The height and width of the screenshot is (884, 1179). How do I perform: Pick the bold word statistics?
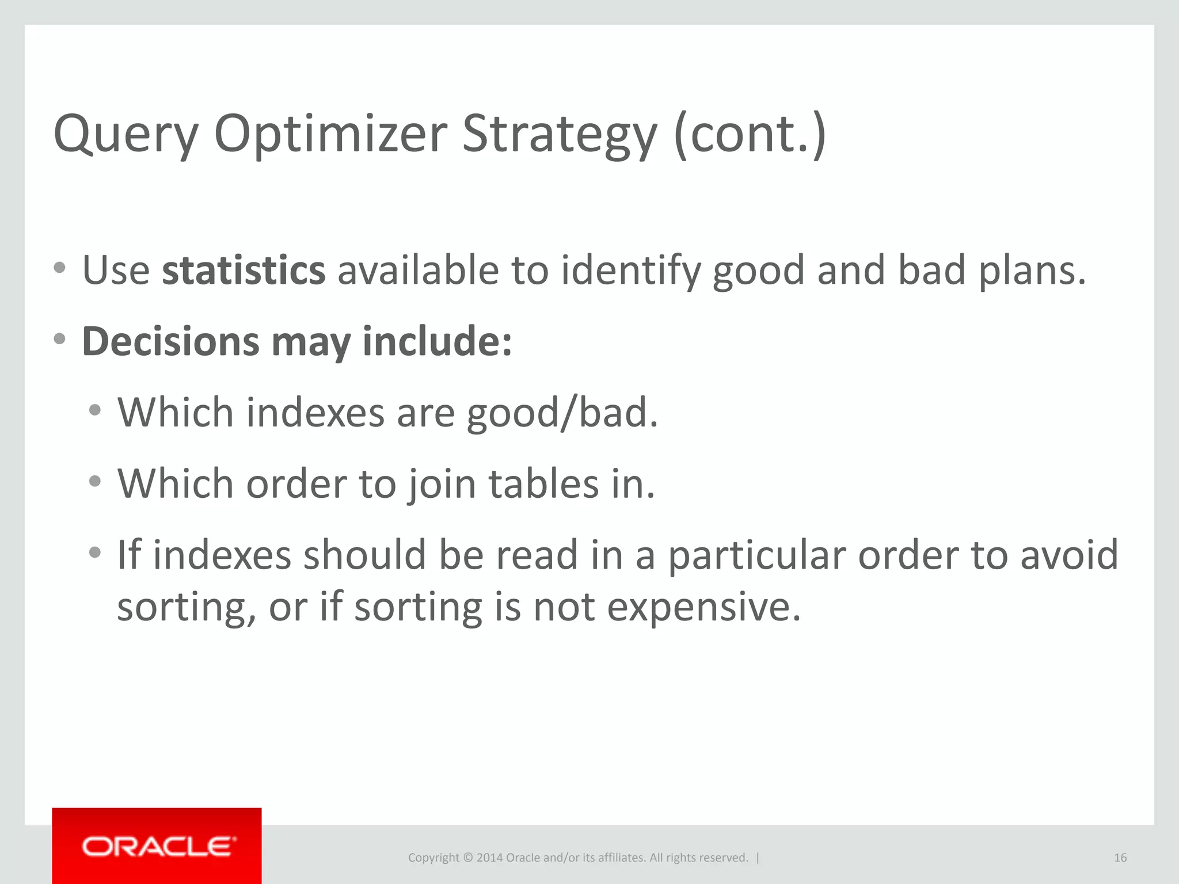(243, 270)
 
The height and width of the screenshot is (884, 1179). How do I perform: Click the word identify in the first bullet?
(630, 270)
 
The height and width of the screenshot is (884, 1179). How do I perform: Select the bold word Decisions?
(170, 341)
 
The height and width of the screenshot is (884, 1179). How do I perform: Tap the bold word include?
(437, 341)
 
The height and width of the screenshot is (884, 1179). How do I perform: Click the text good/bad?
(562, 413)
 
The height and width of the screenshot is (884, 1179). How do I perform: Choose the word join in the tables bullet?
(442, 484)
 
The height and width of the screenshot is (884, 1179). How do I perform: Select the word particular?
(756, 555)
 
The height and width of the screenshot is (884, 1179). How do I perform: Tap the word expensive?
(703, 607)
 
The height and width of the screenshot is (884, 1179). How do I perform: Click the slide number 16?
(1120, 858)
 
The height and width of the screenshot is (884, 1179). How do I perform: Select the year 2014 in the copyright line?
(489, 858)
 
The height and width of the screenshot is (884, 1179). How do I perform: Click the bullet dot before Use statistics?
(59, 268)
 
